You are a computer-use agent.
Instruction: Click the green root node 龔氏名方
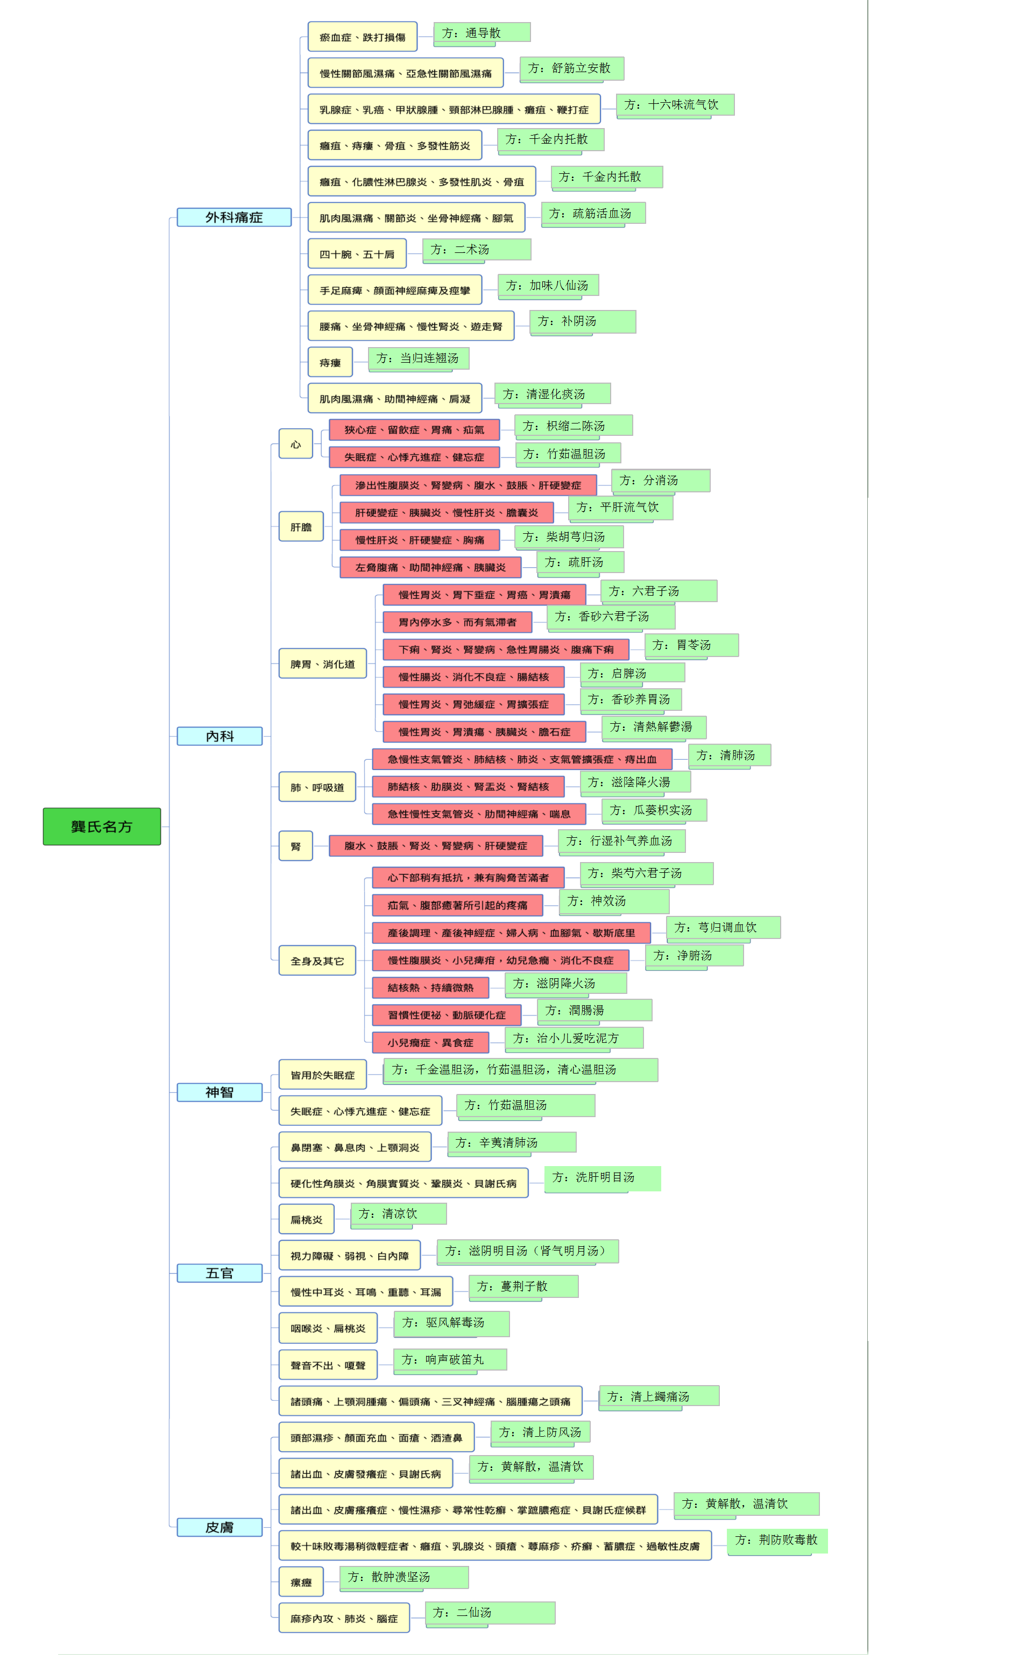coord(102,826)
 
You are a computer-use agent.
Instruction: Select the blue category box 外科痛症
coord(234,217)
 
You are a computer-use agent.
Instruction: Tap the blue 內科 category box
coord(220,736)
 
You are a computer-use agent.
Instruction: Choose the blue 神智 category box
coord(220,1092)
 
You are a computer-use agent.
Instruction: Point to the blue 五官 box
coord(220,1273)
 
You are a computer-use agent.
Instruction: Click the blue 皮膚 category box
coord(220,1527)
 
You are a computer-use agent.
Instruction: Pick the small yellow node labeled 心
coord(296,444)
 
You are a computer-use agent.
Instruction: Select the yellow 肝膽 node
coord(301,527)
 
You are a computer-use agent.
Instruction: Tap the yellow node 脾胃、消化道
coord(322,663)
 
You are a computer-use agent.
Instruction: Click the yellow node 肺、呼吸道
coord(317,787)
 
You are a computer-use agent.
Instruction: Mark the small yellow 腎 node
coord(296,846)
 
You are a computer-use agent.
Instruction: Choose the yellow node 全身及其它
coord(317,961)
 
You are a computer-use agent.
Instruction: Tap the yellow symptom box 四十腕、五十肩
coord(357,254)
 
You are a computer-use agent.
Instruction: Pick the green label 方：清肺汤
coord(730,756)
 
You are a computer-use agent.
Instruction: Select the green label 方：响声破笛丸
coord(450,1360)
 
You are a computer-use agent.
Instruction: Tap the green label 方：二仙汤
coord(490,1613)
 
